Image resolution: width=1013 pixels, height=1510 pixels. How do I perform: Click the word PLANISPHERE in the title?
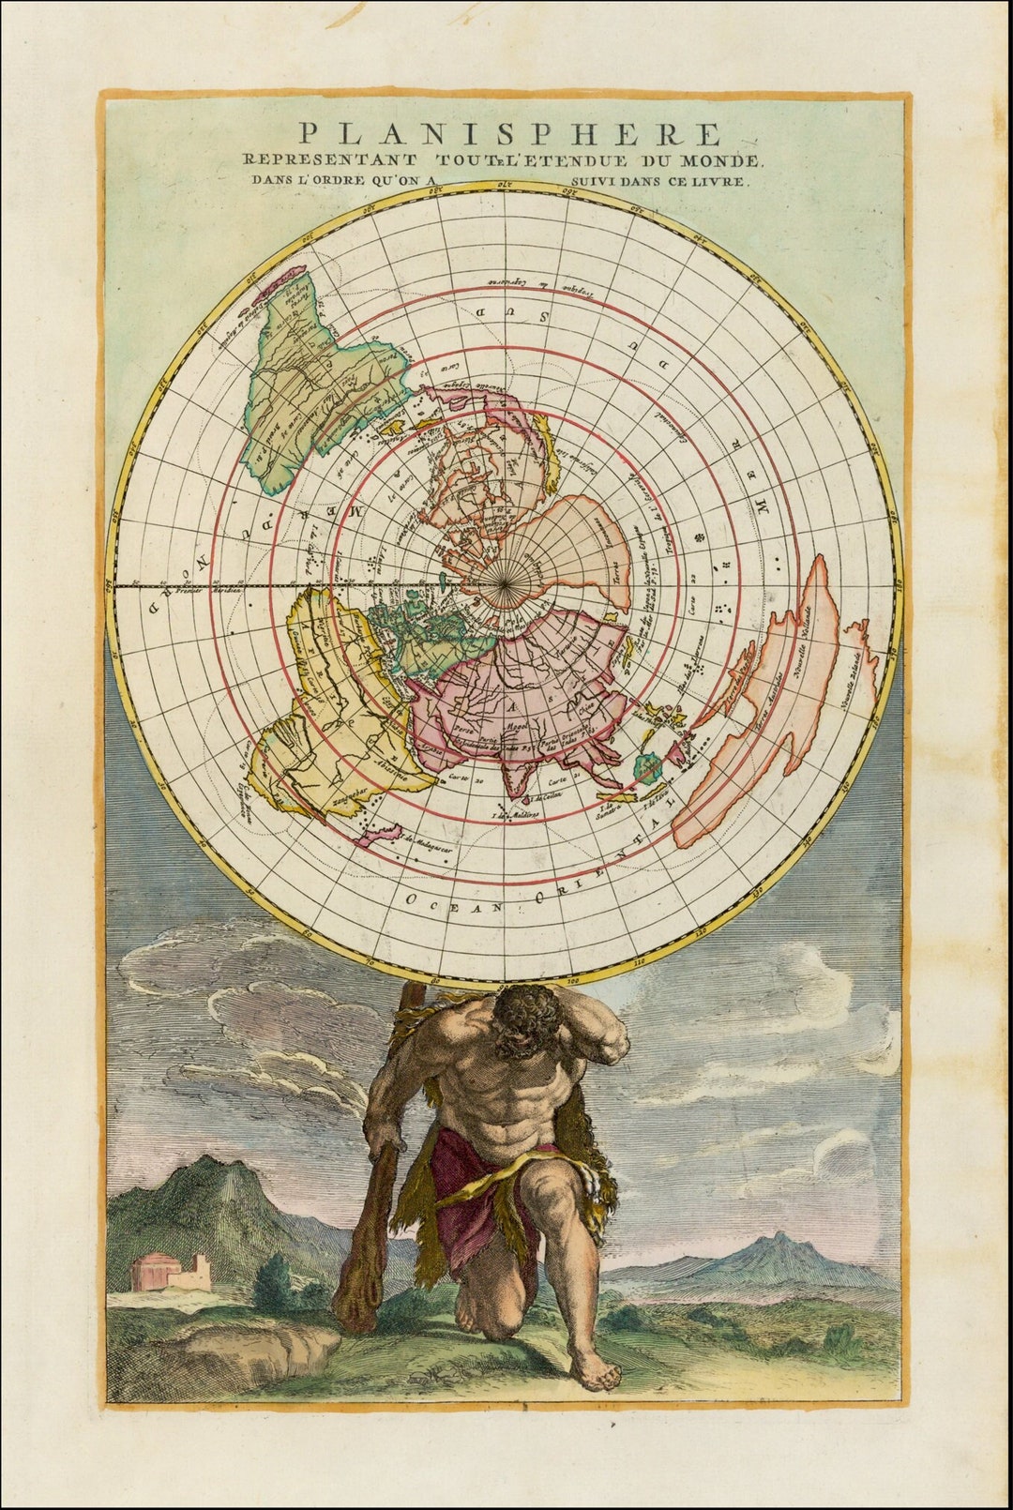click(510, 134)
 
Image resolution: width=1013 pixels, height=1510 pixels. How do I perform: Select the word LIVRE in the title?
click(722, 182)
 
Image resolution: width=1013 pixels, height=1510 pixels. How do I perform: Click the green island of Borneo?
click(646, 767)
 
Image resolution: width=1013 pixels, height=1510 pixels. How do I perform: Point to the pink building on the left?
click(151, 1271)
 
